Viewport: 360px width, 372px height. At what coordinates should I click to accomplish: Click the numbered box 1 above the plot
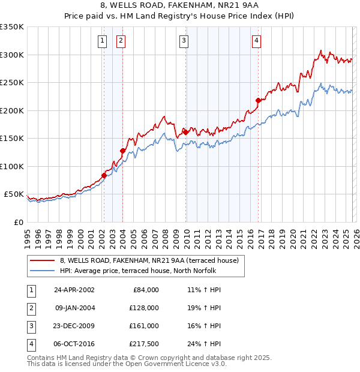pyautogui.click(x=102, y=41)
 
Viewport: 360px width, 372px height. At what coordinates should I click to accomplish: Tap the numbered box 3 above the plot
pyautogui.click(x=183, y=41)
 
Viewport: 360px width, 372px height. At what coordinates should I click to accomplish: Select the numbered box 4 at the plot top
pyautogui.click(x=256, y=41)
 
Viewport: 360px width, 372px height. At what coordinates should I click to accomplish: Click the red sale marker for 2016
pyautogui.click(x=258, y=100)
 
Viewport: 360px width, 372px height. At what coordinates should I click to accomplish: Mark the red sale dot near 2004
pyautogui.click(x=122, y=151)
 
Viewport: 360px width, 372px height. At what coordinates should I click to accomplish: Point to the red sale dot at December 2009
pyautogui.click(x=186, y=132)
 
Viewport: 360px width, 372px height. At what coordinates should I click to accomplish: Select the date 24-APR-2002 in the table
pyautogui.click(x=74, y=290)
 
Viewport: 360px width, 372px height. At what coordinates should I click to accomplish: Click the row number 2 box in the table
pyautogui.click(x=31, y=308)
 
